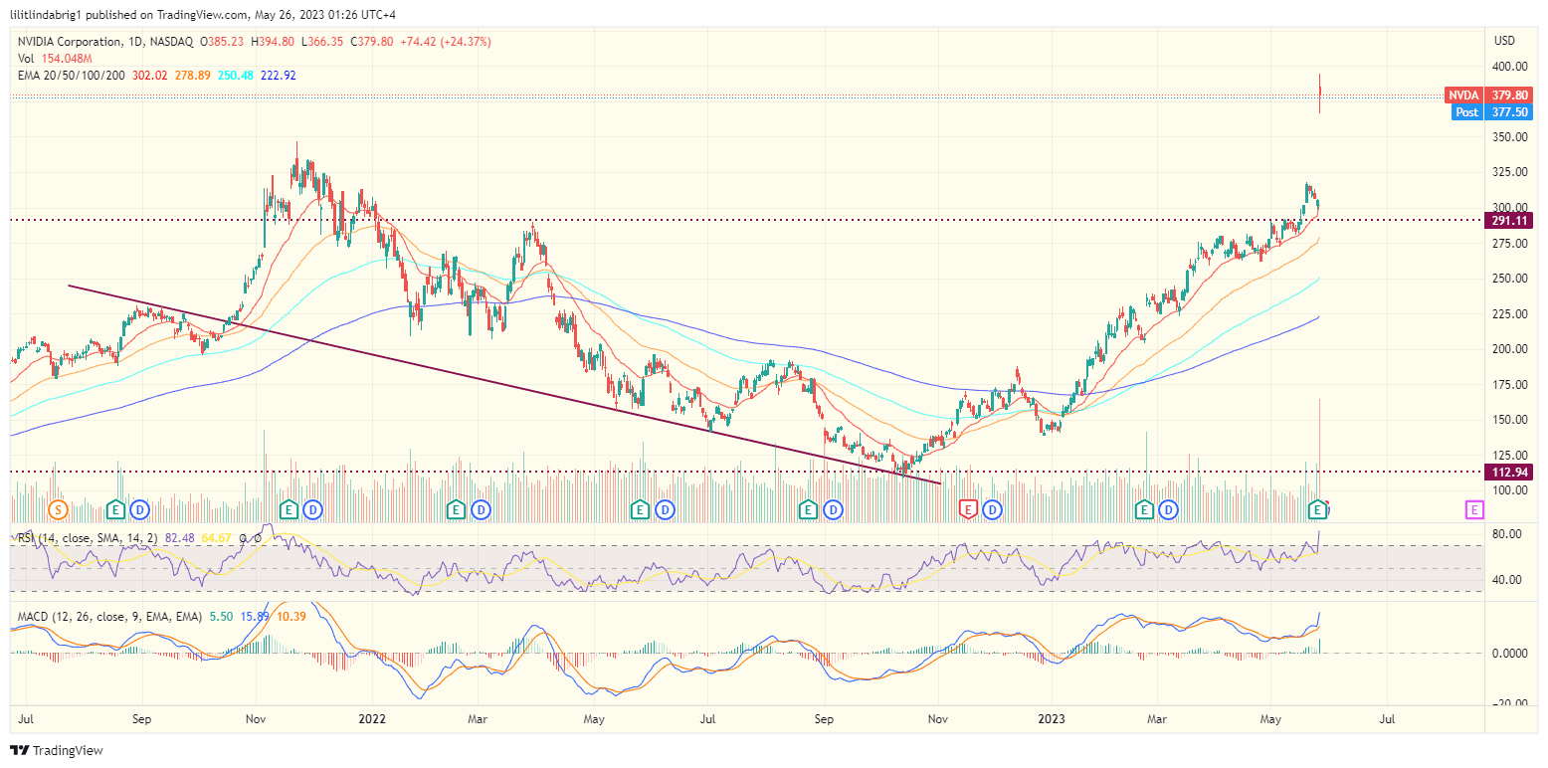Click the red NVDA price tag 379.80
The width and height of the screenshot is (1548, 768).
click(1488, 95)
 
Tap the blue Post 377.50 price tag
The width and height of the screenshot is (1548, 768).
click(1488, 112)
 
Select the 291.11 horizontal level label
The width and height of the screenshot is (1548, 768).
click(1508, 220)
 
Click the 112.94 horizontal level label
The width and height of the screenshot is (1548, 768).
click(1508, 472)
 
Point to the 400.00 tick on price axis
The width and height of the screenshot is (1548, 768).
click(1509, 67)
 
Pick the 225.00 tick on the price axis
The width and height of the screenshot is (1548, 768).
click(1509, 314)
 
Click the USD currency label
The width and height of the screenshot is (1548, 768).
click(1504, 41)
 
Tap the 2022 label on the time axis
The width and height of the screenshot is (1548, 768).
click(371, 717)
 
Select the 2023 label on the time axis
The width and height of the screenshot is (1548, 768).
click(1052, 717)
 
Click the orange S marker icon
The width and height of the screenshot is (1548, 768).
click(58, 509)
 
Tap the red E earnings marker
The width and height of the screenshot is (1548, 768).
click(967, 509)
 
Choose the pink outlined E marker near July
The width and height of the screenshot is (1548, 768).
click(1474, 509)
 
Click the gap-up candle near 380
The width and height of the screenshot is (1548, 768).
click(1320, 96)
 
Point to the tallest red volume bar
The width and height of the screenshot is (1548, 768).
click(1320, 448)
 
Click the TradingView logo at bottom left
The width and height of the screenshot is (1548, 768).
click(57, 750)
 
